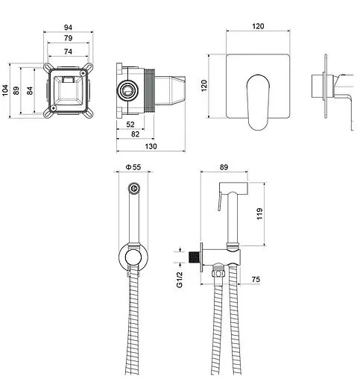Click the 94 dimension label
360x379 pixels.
click(68, 27)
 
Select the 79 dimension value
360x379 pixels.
click(68, 38)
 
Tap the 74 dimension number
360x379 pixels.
click(68, 51)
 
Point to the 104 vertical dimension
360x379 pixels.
click(5, 90)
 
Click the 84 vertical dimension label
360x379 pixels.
click(30, 90)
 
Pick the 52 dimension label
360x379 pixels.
click(130, 124)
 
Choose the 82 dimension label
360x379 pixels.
click(135, 134)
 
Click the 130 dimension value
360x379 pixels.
click(151, 146)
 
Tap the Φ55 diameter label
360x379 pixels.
click(133, 167)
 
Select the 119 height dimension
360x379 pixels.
click(259, 213)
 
